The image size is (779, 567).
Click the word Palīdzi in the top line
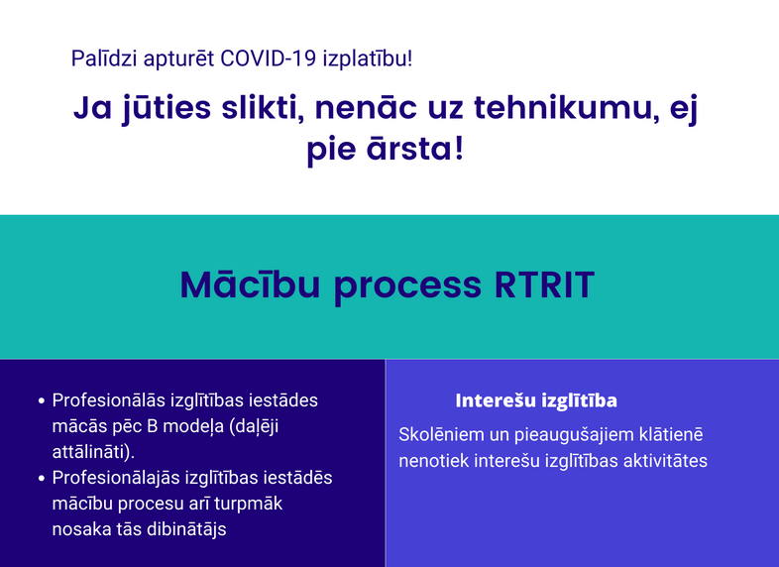point(104,58)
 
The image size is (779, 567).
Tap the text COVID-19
point(269,58)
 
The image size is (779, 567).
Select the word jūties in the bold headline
point(167,109)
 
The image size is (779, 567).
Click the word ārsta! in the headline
point(415,148)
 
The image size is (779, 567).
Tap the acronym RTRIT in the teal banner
point(544,285)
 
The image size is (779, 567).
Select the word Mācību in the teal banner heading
point(250,284)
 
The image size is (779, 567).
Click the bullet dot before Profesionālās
point(42,400)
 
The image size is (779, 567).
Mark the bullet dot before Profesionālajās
point(42,478)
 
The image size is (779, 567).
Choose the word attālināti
point(91,452)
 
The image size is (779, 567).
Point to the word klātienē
point(671,434)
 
